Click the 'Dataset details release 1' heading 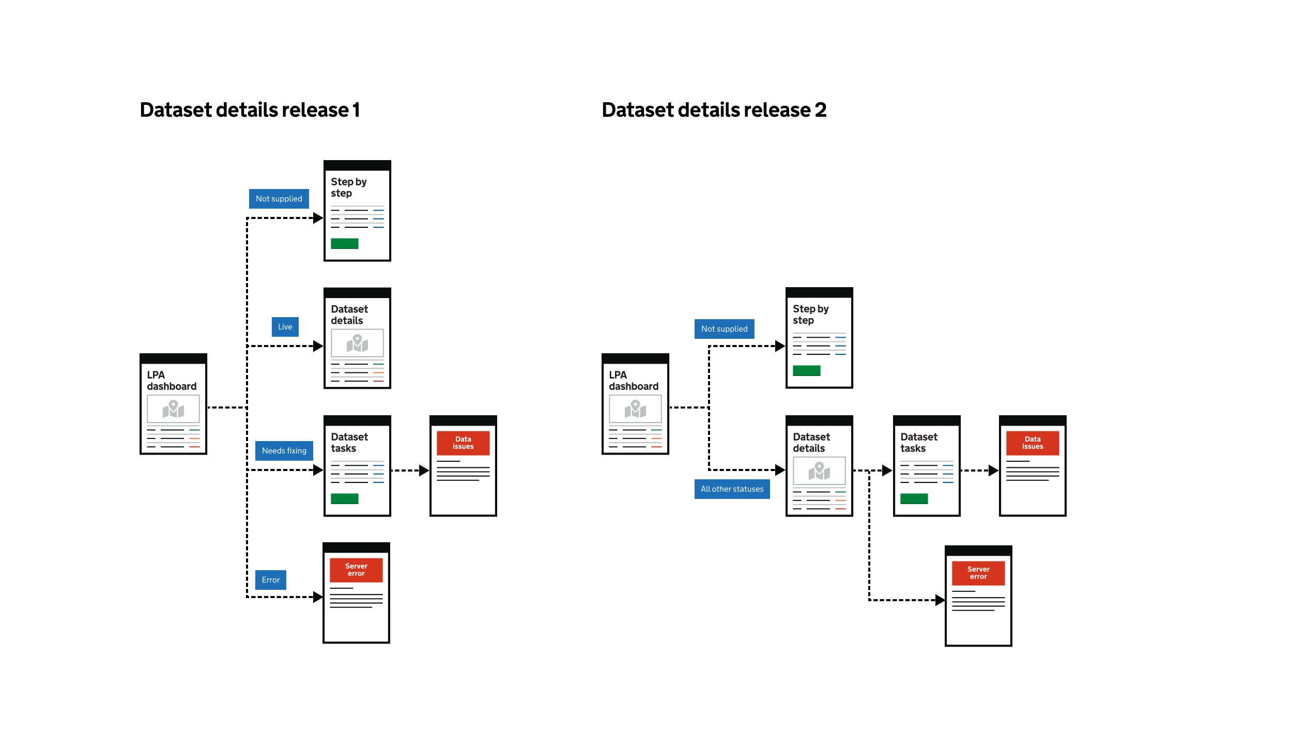pos(250,110)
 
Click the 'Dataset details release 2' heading pos(714,110)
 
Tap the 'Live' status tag pos(285,327)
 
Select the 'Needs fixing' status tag pos(284,451)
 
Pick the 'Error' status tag pos(270,580)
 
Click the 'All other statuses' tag pos(732,489)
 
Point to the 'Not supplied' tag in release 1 pos(279,199)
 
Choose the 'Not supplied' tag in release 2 pos(724,329)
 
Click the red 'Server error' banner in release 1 pos(356,570)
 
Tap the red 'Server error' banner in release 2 pos(978,573)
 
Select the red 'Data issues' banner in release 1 pos(463,443)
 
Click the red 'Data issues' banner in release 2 pos(1033,443)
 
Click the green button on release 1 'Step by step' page pos(345,244)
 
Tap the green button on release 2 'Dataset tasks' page pos(914,498)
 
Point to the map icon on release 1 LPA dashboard pos(173,409)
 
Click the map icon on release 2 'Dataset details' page pos(819,471)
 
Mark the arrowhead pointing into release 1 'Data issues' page pos(424,471)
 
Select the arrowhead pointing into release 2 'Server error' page pos(940,600)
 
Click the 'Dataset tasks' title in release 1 pos(349,443)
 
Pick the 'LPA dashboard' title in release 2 pos(634,381)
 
